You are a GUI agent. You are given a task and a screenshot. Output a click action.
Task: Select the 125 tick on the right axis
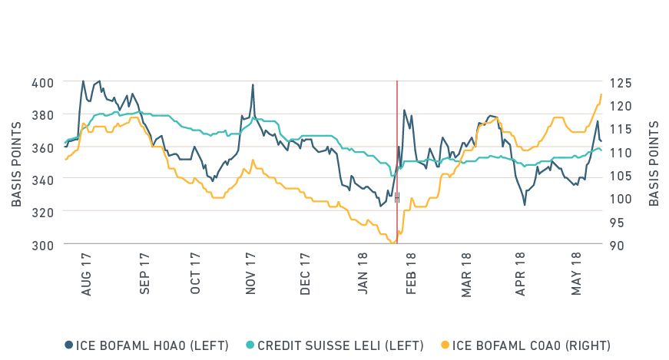619,82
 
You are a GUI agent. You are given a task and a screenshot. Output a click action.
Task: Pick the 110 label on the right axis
619,152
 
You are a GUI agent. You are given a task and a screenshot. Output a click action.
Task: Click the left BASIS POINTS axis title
16,163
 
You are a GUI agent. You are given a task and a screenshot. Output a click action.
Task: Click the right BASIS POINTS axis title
654,163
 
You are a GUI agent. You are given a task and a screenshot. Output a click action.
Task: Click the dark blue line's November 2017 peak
253,84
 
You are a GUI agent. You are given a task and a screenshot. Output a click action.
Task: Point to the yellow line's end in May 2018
601,94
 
